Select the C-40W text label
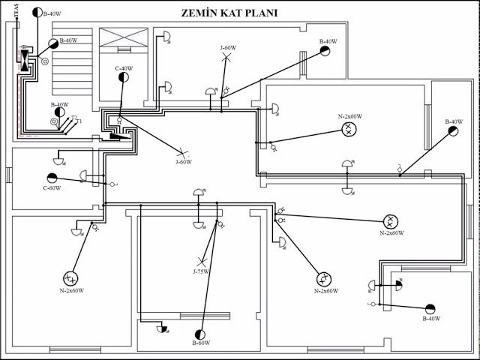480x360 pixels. point(124,69)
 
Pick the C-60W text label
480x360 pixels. point(51,188)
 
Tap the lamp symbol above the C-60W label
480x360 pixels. point(52,177)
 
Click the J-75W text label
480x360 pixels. point(201,271)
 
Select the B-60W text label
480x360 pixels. point(200,343)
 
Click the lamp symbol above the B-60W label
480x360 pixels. point(200,333)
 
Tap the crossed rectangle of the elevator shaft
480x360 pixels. point(124,39)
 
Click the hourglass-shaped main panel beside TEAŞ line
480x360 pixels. point(26,59)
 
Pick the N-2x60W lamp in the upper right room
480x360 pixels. point(349,129)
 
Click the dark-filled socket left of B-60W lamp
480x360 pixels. point(161,328)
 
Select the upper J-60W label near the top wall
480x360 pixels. point(228,48)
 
